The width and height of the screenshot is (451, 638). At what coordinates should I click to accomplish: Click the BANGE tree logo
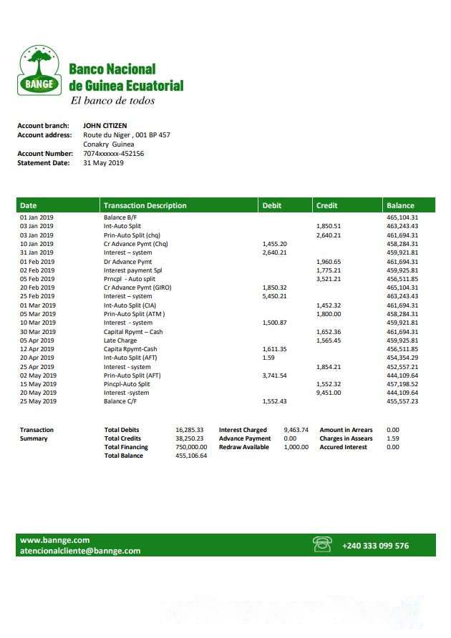(x=39, y=70)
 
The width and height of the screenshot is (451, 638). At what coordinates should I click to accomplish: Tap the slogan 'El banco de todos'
(x=112, y=101)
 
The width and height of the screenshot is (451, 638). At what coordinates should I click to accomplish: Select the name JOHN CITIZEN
(x=105, y=126)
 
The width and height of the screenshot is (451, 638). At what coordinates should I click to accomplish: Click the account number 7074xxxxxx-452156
(x=113, y=153)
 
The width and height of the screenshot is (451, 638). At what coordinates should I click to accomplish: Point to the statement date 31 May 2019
(x=103, y=162)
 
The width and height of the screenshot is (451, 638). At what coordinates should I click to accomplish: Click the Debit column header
(x=272, y=205)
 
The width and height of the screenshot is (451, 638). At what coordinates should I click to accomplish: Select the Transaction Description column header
(x=145, y=205)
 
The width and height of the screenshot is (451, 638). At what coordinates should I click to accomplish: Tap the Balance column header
(x=400, y=205)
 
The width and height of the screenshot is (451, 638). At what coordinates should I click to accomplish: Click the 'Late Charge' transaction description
(x=120, y=340)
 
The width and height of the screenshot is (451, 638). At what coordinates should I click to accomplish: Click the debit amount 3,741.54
(x=274, y=376)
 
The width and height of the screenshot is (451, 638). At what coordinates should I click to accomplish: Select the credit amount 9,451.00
(x=329, y=393)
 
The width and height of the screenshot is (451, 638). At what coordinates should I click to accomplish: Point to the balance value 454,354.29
(x=402, y=358)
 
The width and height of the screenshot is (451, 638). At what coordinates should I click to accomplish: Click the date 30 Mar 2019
(x=37, y=332)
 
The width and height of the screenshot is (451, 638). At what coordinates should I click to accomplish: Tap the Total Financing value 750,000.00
(x=191, y=447)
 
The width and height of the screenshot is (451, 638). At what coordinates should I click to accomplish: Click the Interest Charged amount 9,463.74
(x=296, y=430)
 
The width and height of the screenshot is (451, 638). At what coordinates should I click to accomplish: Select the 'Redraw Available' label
(x=244, y=447)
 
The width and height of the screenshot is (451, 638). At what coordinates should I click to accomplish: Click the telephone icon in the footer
(x=322, y=545)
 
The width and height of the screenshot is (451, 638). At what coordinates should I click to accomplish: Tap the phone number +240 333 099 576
(x=375, y=546)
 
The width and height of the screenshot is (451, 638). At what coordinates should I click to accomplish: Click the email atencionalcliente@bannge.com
(x=80, y=551)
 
